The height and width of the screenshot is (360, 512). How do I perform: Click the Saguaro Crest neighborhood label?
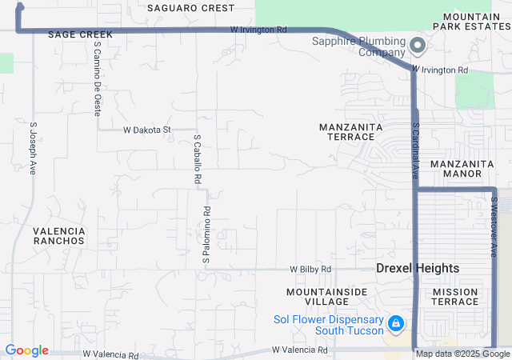pos(191,8)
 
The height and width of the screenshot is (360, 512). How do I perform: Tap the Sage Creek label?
pos(80,35)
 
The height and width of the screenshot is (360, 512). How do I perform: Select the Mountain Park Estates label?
pos(472,21)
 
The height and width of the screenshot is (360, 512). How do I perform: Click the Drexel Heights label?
pos(418,269)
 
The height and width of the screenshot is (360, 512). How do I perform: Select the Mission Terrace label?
pos(455,296)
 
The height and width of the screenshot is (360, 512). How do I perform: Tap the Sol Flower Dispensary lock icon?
pos(394,323)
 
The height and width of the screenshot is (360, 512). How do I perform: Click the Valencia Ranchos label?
pos(59,235)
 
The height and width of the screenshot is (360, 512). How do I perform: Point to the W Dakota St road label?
pos(147,130)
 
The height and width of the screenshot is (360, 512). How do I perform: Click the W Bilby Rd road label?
pos(310,270)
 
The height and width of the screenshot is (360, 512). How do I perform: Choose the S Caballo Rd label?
pos(197,160)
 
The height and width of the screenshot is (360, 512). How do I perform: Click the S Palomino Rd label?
pos(206,236)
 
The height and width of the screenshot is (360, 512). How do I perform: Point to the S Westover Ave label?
pos(494,228)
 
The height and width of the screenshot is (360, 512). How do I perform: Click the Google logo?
pos(26,350)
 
